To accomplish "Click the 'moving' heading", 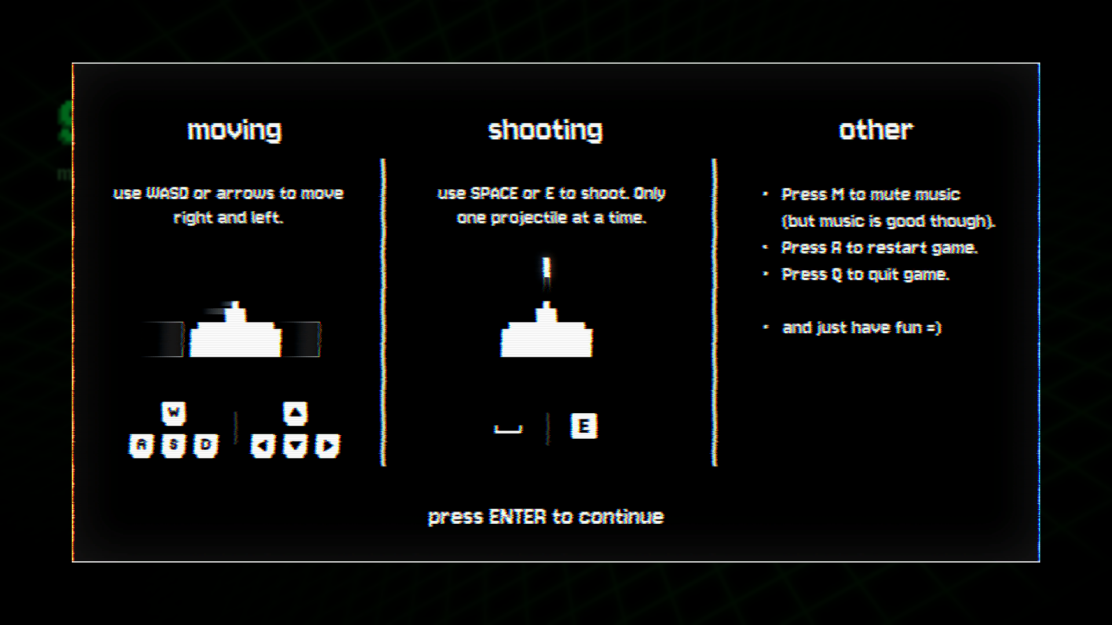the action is (235, 130).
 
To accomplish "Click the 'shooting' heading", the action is (546, 130).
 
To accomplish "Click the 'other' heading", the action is (876, 130).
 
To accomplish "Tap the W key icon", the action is (173, 413).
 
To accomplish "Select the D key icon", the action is (206, 446).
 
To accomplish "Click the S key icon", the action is (173, 446).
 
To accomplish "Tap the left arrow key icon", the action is (263, 446).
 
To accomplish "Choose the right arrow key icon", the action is (328, 446).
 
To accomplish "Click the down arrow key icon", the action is (295, 446).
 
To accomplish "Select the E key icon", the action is (584, 426).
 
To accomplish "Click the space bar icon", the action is (508, 429).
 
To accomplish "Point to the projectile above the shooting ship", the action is (546, 272).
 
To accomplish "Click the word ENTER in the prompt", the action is (517, 516).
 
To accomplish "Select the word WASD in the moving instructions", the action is (167, 193).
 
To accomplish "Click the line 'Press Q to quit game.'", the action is (865, 274).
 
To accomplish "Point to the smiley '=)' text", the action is (934, 328).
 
